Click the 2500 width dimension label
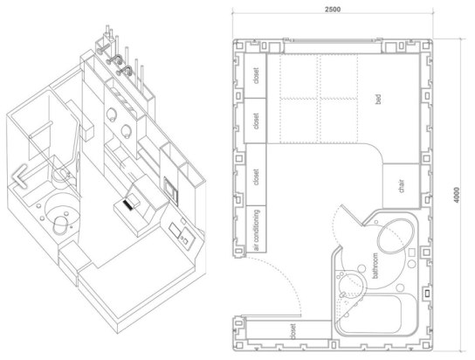333,10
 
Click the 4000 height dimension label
457,195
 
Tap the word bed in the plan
378,99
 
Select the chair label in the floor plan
402,186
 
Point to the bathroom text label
375,266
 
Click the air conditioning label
257,230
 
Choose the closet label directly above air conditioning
257,177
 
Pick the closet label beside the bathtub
293,331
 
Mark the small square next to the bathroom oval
411,253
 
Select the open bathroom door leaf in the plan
351,215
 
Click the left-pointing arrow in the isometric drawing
19,177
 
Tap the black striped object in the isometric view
128,204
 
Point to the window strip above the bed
333,40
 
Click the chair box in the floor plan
402,186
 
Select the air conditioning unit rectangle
257,229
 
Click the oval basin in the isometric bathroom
60,225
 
